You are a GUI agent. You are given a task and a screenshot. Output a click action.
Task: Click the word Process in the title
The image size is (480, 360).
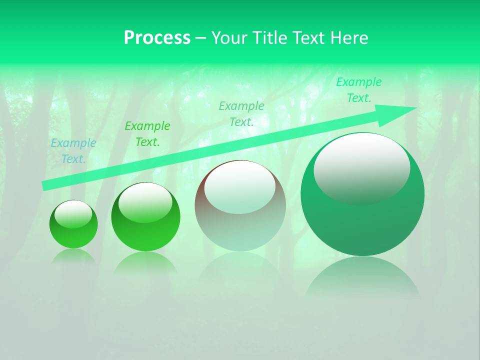157,38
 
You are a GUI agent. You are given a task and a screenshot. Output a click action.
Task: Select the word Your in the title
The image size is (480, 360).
228,38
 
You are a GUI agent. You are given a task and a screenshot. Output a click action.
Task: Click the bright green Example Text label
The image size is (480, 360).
147,134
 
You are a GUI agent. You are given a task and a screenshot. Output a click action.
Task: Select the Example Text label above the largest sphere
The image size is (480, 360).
358,90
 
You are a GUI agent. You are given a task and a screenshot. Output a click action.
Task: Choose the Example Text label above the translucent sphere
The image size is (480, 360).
241,113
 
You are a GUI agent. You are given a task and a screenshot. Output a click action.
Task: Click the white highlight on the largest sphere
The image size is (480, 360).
361,167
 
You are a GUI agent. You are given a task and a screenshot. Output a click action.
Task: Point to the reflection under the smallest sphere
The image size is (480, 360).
73,256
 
